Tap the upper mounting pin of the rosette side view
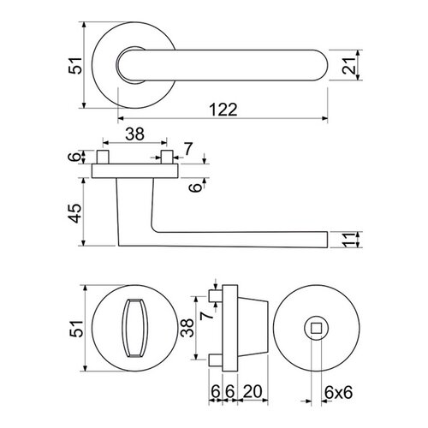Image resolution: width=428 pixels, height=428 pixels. [215, 295]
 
